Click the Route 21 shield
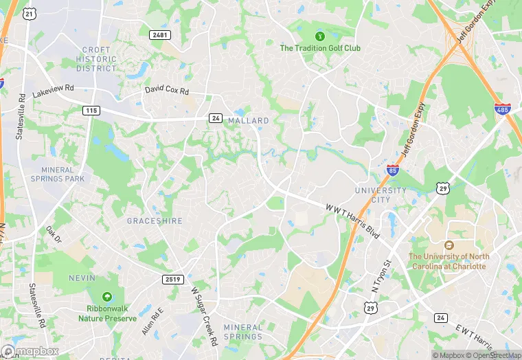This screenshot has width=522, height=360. (29, 13)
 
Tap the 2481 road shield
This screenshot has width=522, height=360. (159, 34)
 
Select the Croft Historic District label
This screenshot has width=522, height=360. (97, 59)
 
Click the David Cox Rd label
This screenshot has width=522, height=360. (166, 90)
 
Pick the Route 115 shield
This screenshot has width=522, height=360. (91, 110)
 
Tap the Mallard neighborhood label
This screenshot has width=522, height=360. (249, 120)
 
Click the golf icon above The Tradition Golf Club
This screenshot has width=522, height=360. (319, 36)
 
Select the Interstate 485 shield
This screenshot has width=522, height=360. (503, 109)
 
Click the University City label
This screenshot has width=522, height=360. (381, 194)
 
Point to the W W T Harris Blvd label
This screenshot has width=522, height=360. (352, 219)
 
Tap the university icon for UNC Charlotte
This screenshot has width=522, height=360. (449, 245)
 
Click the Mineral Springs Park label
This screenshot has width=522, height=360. (63, 174)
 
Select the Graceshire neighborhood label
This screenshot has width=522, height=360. (155, 221)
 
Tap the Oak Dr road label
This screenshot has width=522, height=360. (54, 234)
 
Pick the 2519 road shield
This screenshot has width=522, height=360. (173, 279)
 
